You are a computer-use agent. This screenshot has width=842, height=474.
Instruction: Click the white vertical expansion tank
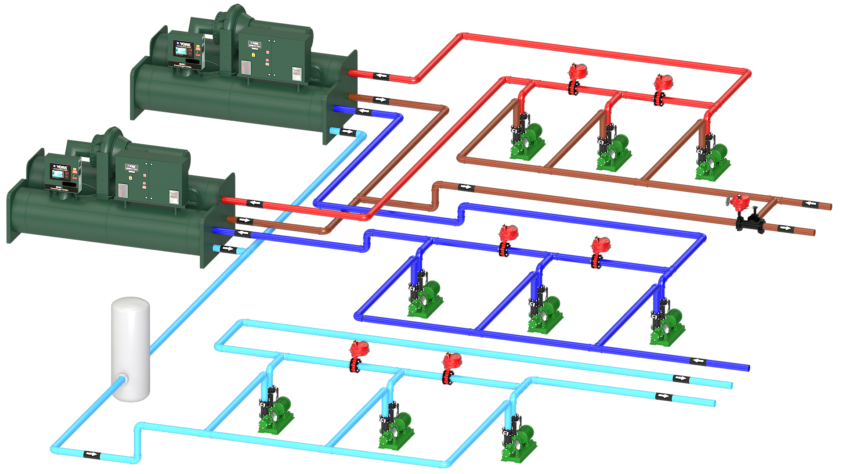tap(130, 349)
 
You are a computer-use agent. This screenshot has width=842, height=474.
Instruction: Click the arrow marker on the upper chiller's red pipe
tap(381, 76)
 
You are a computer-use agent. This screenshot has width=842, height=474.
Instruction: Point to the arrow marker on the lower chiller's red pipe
tap(254, 203)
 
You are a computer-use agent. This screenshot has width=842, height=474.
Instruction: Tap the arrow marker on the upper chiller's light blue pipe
tap(347, 131)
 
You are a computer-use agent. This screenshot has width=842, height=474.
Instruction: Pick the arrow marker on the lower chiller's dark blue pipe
tap(242, 233)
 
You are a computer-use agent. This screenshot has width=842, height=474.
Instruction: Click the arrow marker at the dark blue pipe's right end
tap(697, 361)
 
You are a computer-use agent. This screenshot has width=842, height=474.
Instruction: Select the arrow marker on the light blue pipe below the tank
tap(91, 454)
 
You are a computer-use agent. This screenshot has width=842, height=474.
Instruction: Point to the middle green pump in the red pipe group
tap(614, 151)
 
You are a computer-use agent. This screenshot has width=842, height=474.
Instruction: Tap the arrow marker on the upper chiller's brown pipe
tap(380, 100)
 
